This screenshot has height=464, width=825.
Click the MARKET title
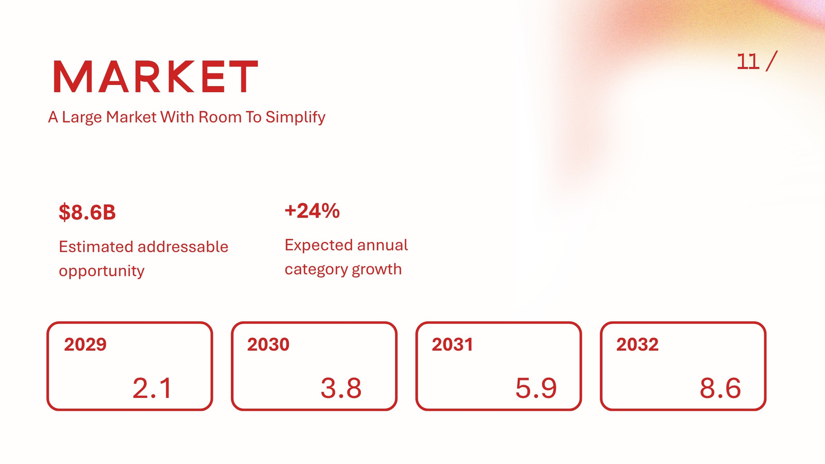click(155, 76)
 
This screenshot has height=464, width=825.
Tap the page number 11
click(748, 61)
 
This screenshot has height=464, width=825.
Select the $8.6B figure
click(87, 212)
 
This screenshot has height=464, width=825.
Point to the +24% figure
click(312, 211)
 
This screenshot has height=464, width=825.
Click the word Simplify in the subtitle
click(295, 118)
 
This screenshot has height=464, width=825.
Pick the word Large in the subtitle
click(82, 118)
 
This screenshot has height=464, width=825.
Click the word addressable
click(183, 246)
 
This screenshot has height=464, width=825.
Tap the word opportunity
click(102, 271)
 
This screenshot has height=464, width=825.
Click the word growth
click(376, 270)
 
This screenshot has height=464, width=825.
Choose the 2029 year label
click(85, 345)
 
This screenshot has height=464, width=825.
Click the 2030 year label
click(268, 345)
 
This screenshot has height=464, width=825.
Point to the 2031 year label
click(452, 345)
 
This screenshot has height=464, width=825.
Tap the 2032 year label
click(637, 345)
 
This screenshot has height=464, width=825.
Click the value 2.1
click(152, 388)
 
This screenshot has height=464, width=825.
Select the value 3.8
click(341, 388)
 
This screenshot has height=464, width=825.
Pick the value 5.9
click(536, 388)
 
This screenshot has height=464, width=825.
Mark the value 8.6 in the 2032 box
click(720, 388)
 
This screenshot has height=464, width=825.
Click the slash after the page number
click(771, 61)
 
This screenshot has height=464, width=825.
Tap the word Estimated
click(95, 246)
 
